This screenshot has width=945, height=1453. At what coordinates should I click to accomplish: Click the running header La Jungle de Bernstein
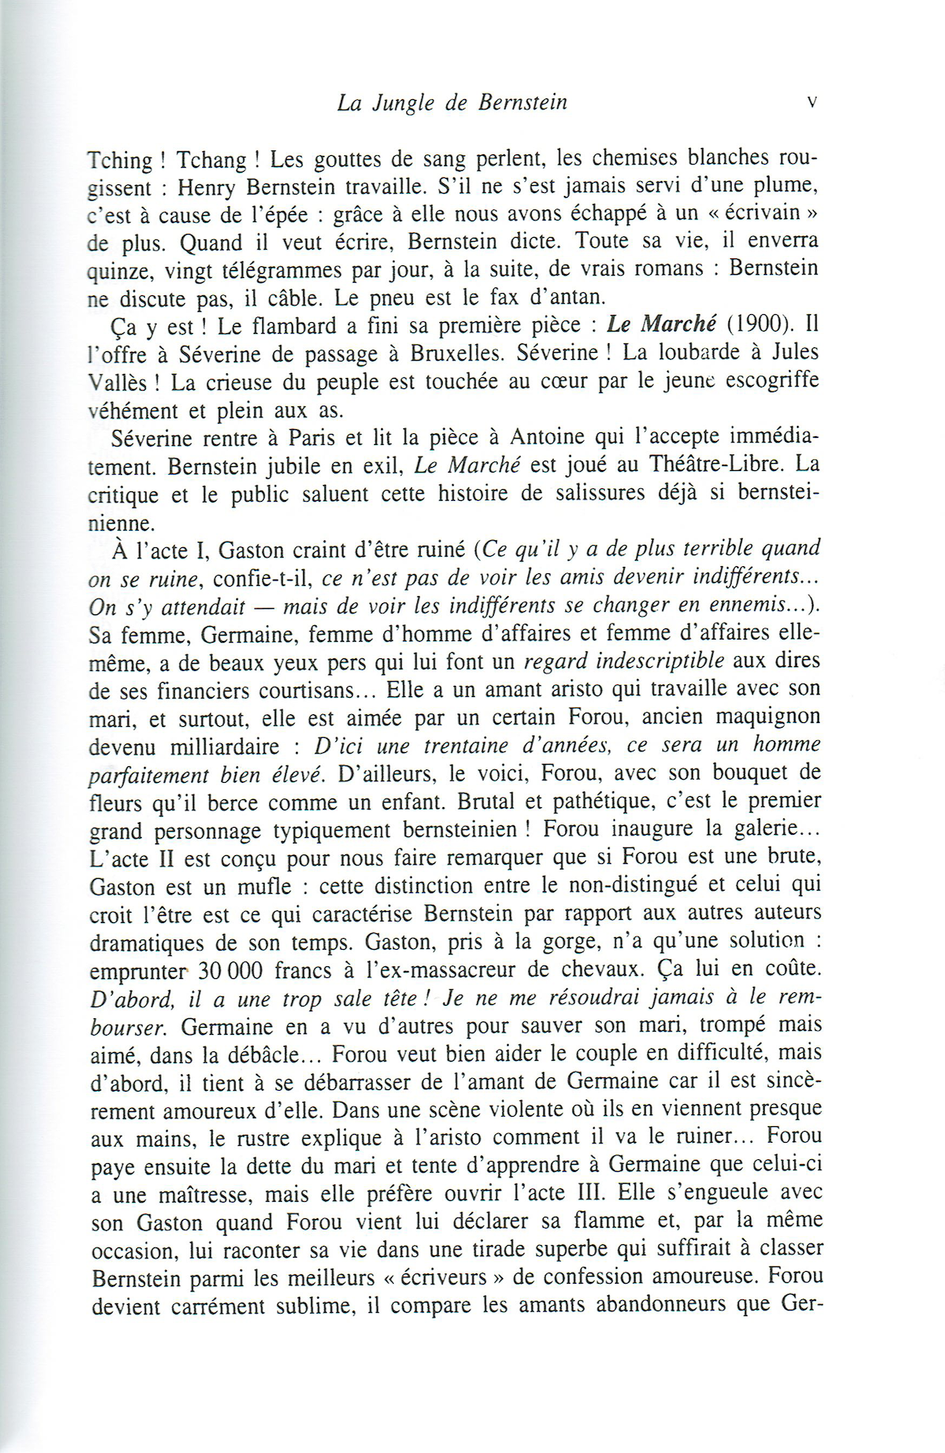point(452,103)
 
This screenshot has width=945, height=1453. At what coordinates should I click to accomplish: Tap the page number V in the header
point(812,102)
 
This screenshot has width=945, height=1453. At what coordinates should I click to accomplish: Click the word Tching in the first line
point(120,160)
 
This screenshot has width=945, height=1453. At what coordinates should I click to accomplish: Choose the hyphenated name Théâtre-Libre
point(712,465)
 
